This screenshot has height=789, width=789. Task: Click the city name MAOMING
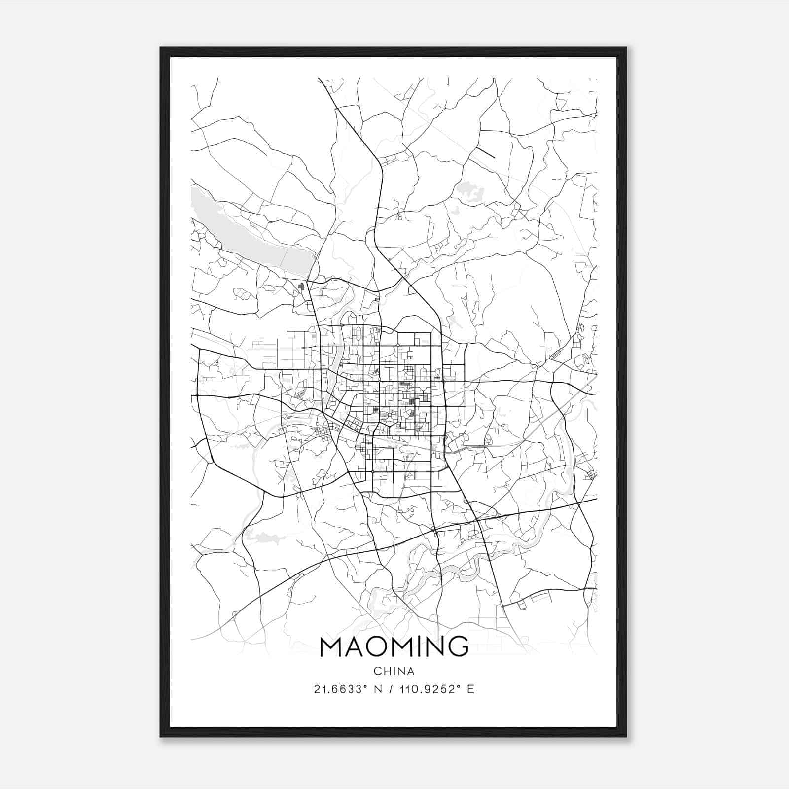394,646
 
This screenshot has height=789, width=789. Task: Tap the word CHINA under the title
394,671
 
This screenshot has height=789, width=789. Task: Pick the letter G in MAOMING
458,646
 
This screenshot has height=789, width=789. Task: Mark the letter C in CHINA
377,671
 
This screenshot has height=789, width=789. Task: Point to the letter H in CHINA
386,671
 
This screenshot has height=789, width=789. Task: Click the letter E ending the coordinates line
471,689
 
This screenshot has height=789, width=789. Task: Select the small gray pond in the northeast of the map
466,190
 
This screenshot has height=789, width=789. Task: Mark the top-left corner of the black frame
161,48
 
